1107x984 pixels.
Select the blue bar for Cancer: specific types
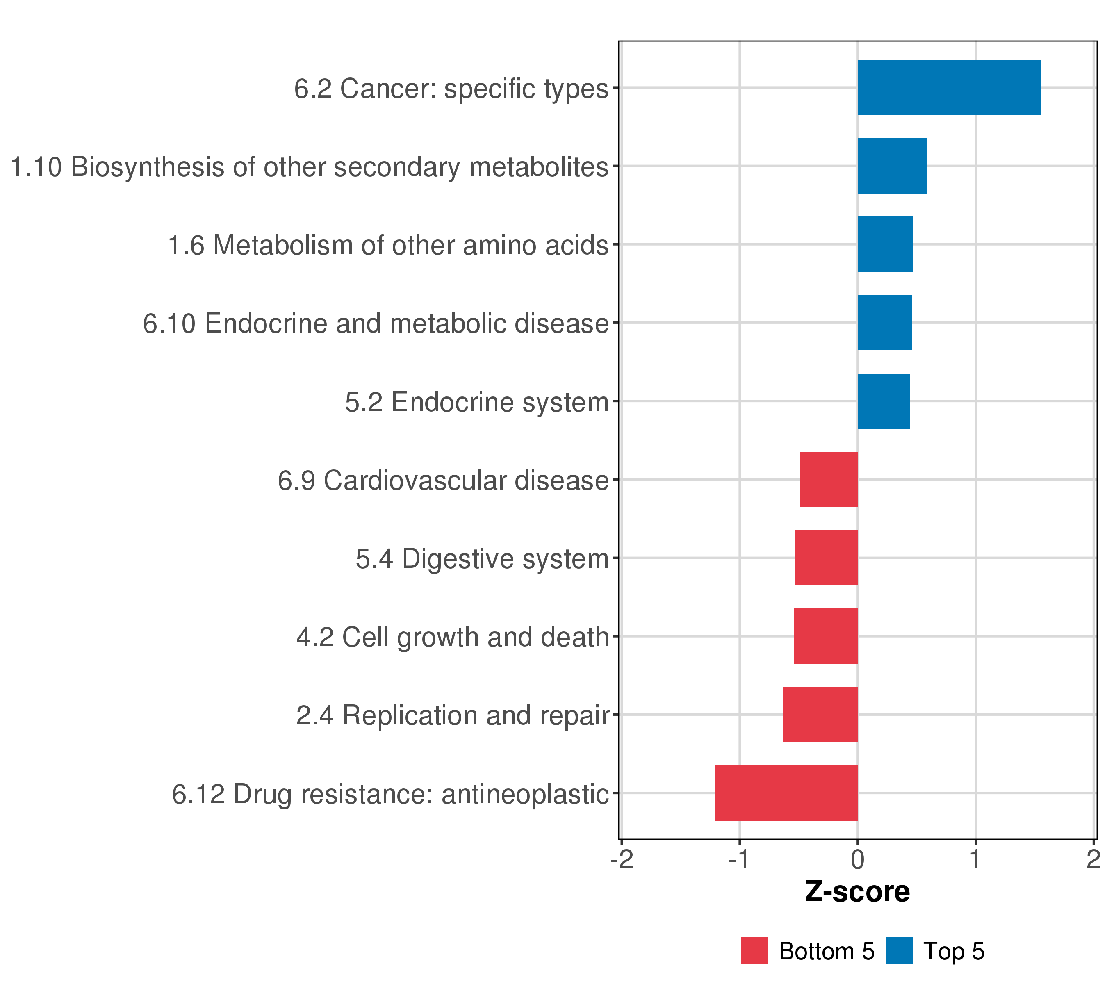pyautogui.click(x=948, y=88)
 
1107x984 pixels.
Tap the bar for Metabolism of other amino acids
pyautogui.click(x=884, y=244)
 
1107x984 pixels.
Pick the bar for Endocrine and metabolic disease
pyautogui.click(x=884, y=323)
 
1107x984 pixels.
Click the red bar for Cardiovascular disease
pyautogui.click(x=829, y=479)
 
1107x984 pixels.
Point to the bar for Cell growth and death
pyautogui.click(x=825, y=636)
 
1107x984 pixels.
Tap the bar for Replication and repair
pyautogui.click(x=820, y=715)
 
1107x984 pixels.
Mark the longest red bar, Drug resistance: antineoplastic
pyautogui.click(x=786, y=793)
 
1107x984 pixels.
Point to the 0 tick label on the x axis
pyautogui.click(x=857, y=860)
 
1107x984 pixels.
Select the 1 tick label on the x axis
pyautogui.click(x=975, y=860)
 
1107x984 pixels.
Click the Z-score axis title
pyautogui.click(x=857, y=891)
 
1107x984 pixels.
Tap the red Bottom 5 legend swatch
pyautogui.click(x=754, y=951)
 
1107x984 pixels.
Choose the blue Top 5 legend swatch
pyautogui.click(x=899, y=951)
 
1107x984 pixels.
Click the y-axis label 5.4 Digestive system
pyautogui.click(x=482, y=559)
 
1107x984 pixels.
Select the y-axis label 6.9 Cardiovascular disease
pyautogui.click(x=443, y=481)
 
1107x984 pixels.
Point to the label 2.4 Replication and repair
pyautogui.click(x=453, y=715)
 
